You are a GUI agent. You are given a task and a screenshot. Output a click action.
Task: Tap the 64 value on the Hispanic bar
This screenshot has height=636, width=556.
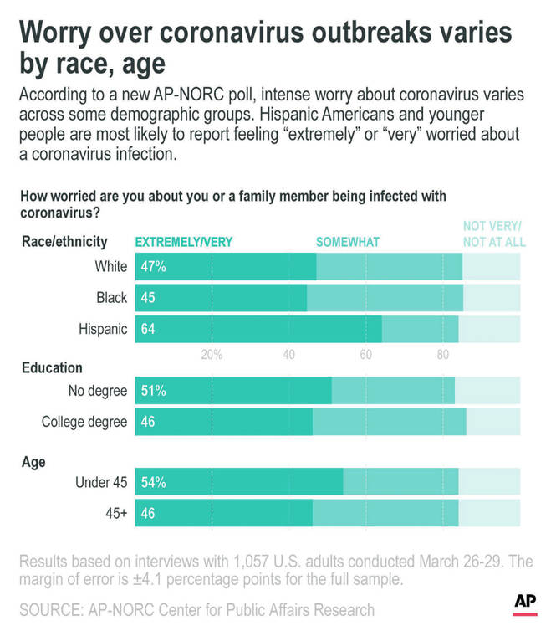click(x=149, y=329)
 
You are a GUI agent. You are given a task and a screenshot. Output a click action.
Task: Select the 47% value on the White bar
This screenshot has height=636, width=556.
click(x=152, y=267)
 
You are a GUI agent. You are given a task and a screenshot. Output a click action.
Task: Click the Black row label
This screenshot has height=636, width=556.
click(x=111, y=298)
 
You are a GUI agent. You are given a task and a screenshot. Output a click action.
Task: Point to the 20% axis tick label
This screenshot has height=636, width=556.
click(x=212, y=355)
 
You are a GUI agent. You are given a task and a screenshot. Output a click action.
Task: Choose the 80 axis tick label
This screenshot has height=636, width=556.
click(x=443, y=355)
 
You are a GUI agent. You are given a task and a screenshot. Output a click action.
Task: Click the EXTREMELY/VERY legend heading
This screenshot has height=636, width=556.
click(x=184, y=242)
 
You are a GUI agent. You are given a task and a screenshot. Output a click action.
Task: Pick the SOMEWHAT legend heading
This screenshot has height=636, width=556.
click(x=347, y=242)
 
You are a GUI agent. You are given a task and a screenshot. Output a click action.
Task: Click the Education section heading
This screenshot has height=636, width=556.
click(x=52, y=367)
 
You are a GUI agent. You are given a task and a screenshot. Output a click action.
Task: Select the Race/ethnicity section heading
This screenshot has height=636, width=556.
click(x=64, y=242)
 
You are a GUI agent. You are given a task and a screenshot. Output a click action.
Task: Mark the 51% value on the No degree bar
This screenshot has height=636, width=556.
click(x=152, y=391)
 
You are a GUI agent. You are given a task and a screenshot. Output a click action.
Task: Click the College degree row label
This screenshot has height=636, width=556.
click(x=84, y=422)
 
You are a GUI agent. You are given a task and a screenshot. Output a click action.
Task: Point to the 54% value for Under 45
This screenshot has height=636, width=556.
click(x=152, y=483)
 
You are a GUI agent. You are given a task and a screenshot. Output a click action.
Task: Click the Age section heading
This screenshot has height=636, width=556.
click(x=33, y=461)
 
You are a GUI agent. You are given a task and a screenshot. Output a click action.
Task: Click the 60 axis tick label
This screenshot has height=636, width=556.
click(x=365, y=355)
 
